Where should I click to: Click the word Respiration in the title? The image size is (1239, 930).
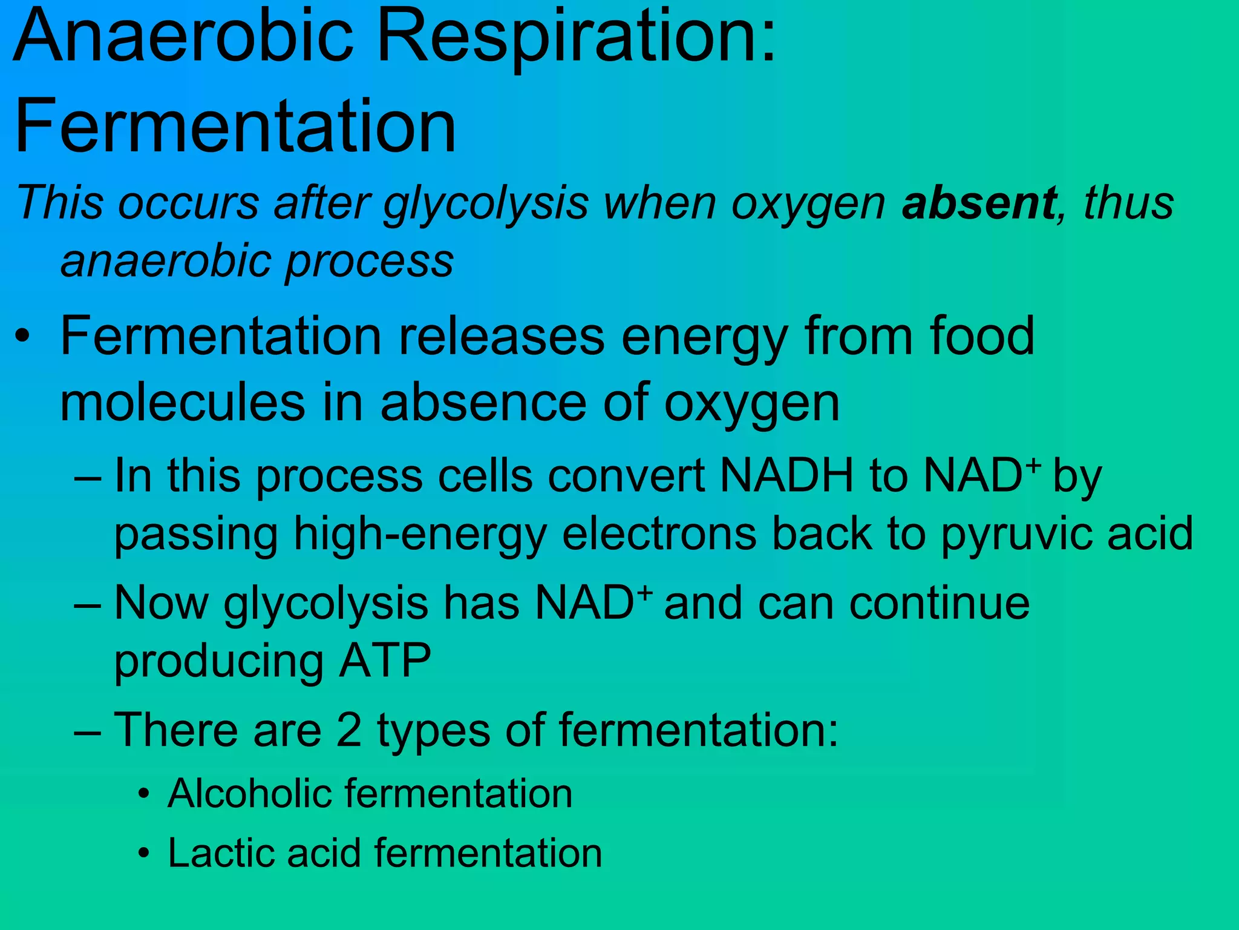(x=575, y=38)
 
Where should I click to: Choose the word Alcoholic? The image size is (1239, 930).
(x=249, y=793)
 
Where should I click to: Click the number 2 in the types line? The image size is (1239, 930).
(x=348, y=730)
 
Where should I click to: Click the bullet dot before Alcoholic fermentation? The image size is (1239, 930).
(x=143, y=794)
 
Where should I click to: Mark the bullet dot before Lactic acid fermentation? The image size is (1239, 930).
(x=143, y=853)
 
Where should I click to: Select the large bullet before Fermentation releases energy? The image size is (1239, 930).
(x=23, y=337)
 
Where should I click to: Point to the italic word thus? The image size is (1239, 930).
(x=1128, y=203)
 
